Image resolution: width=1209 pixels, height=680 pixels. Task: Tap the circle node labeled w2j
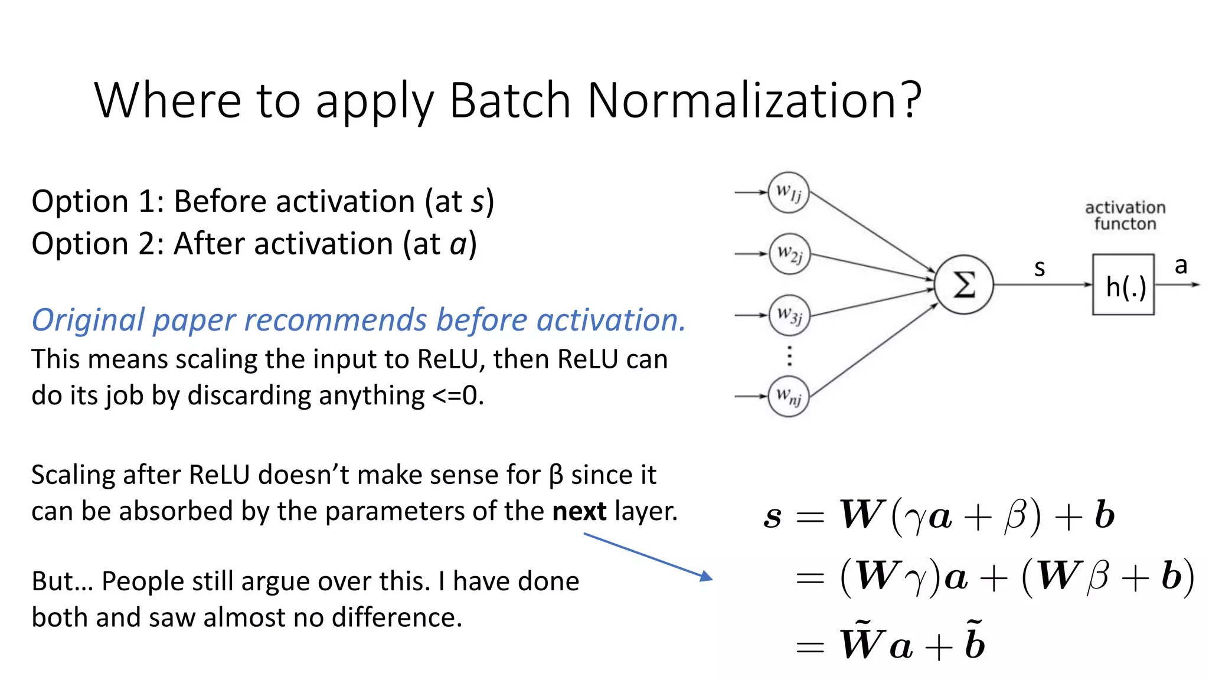[x=789, y=254]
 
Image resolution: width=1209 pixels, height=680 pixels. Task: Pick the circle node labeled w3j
[x=789, y=315]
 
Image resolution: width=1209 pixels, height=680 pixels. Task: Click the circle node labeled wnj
[x=789, y=396]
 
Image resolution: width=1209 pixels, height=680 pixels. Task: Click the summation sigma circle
[x=964, y=285]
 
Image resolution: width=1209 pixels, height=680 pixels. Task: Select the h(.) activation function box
[x=1123, y=285]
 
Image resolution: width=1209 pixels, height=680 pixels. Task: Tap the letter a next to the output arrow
[x=1181, y=266]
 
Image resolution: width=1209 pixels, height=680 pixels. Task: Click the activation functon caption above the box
[x=1125, y=215]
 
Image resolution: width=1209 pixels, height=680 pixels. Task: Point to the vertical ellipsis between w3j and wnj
[x=790, y=356]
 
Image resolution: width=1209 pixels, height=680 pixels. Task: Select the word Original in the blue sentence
[x=88, y=321]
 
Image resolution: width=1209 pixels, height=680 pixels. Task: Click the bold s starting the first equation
[x=772, y=516]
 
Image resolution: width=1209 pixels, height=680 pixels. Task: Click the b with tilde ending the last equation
[x=975, y=642]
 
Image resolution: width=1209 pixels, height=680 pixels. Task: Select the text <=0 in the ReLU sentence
[x=457, y=395]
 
